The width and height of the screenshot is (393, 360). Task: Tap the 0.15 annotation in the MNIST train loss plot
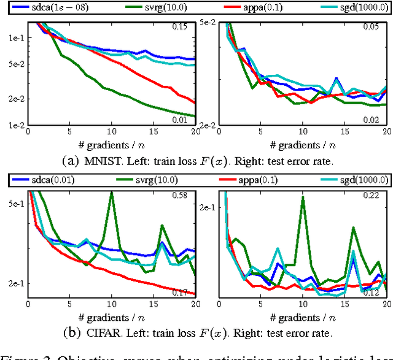[x=179, y=27]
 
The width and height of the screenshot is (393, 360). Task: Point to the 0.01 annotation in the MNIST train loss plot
[x=179, y=119]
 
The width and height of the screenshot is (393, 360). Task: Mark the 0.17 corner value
[x=179, y=292]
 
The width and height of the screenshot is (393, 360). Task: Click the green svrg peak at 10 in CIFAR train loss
[x=111, y=193]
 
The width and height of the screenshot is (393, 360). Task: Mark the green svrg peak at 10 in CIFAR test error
[x=302, y=198]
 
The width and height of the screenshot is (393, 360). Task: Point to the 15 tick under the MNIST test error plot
[x=344, y=132]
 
